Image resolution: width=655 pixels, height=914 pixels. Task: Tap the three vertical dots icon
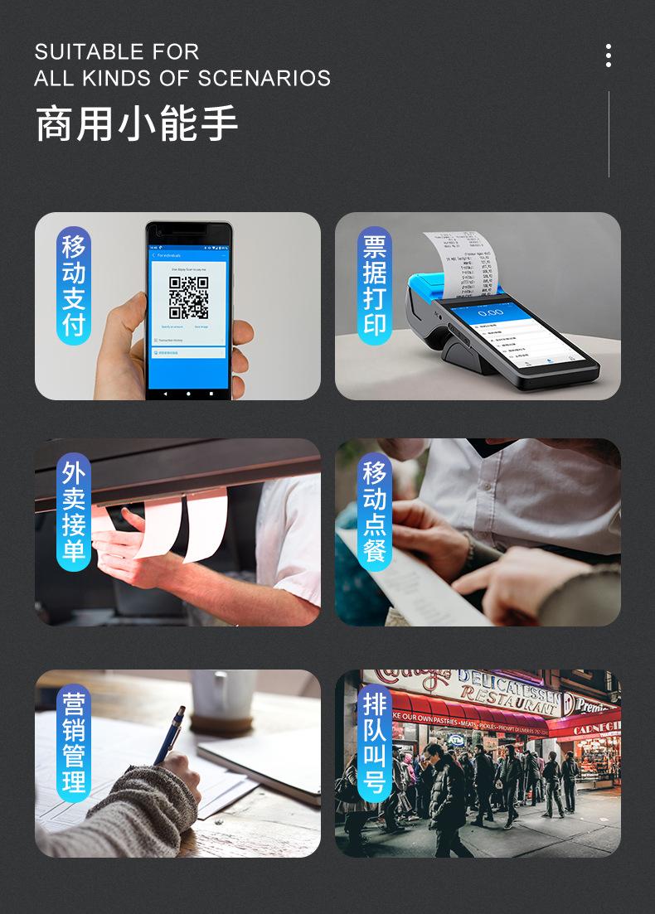[609, 56]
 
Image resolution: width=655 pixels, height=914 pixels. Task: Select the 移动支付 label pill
[74, 286]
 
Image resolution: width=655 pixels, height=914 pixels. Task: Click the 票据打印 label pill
[375, 286]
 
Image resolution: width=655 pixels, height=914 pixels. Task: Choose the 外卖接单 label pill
[74, 513]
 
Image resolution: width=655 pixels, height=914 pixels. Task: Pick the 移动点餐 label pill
[375, 513]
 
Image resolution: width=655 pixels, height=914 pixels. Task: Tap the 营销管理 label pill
[74, 743]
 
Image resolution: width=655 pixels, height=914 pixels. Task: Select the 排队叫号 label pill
[375, 743]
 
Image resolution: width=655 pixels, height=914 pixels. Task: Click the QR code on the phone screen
[188, 297]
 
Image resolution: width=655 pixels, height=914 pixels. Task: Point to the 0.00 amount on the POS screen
[490, 312]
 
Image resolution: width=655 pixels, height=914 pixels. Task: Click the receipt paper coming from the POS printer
[464, 261]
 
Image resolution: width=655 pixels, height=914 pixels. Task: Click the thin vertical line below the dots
[609, 134]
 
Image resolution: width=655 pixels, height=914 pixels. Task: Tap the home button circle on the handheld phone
[188, 392]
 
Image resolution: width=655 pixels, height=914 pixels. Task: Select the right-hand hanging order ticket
[205, 525]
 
